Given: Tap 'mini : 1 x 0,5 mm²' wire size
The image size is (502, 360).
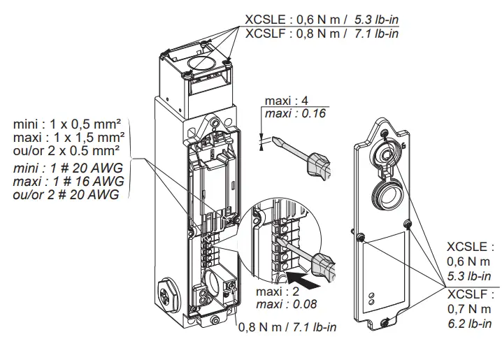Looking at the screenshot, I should (65, 124).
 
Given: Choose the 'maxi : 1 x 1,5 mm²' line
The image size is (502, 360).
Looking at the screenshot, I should (69, 137).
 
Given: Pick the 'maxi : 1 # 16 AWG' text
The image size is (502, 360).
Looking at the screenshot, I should (69, 182).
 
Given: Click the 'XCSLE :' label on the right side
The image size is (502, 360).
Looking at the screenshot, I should (470, 247).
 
